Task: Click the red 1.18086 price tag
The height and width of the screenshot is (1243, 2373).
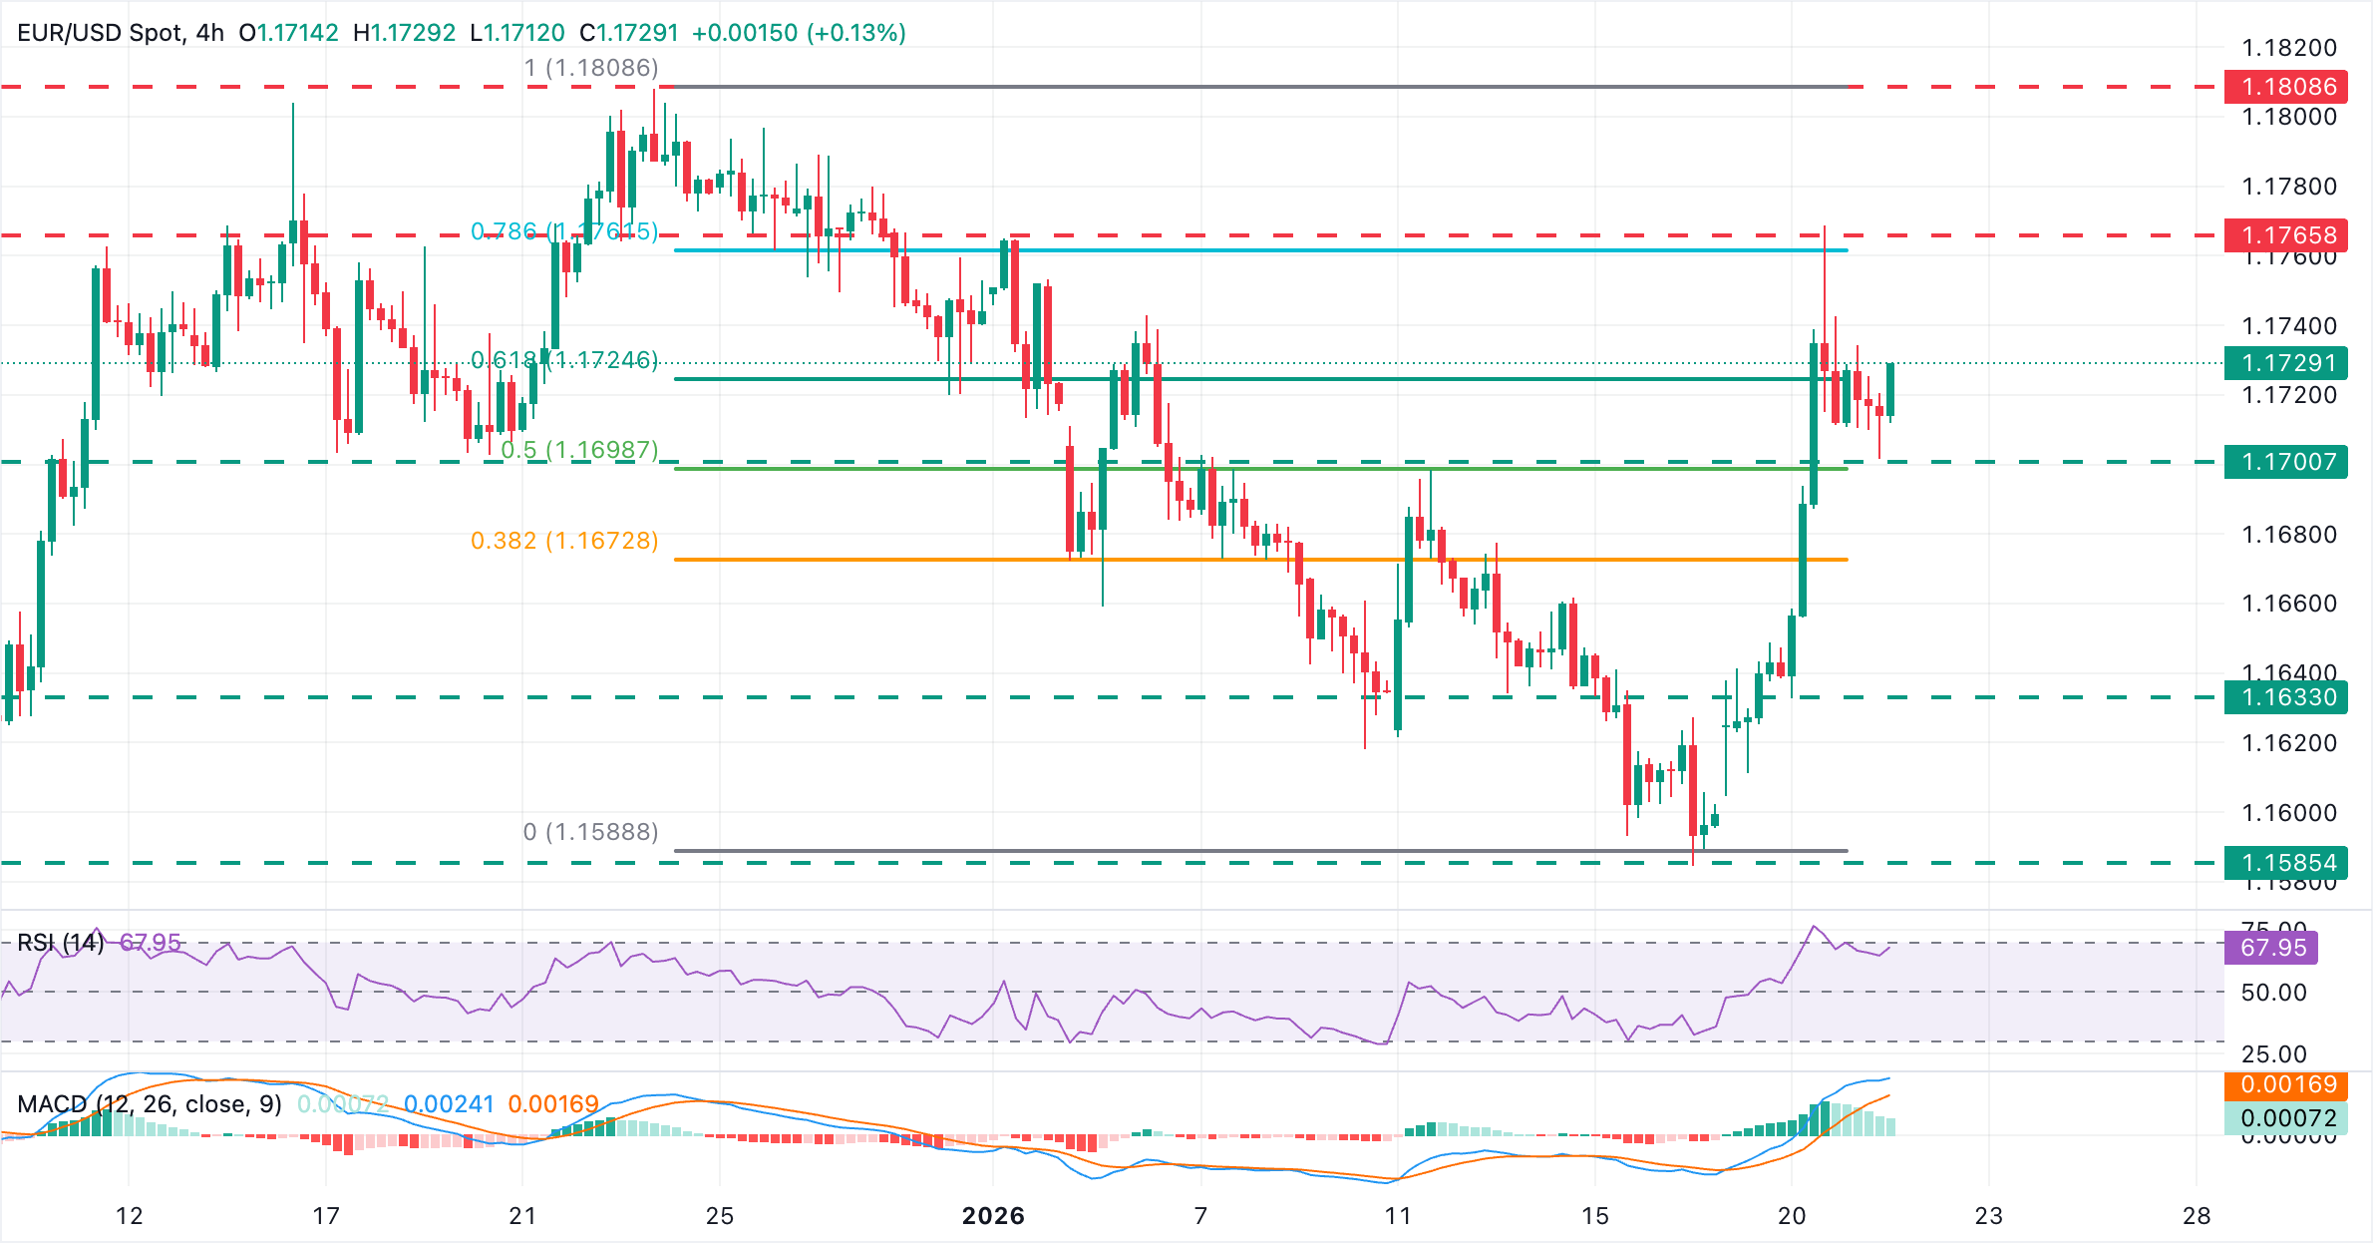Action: pyautogui.click(x=2285, y=87)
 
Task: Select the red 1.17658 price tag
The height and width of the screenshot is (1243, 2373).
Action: pyautogui.click(x=2285, y=235)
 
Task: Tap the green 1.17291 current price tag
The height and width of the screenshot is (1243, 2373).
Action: pyautogui.click(x=2285, y=363)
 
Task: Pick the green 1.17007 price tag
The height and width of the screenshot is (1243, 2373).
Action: pyautogui.click(x=2285, y=462)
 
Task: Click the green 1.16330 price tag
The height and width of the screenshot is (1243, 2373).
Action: pyautogui.click(x=2285, y=697)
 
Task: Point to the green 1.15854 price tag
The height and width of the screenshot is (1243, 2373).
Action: pyautogui.click(x=2285, y=863)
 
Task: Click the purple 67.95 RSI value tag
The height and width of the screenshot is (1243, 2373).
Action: pyautogui.click(x=2272, y=947)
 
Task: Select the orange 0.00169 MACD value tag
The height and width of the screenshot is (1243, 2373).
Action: pyautogui.click(x=2285, y=1084)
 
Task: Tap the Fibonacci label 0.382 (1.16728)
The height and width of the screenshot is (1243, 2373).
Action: pyautogui.click(x=564, y=541)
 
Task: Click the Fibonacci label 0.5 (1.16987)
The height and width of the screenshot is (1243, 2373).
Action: pyautogui.click(x=579, y=450)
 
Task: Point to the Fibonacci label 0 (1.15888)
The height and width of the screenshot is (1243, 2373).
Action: pyautogui.click(x=590, y=832)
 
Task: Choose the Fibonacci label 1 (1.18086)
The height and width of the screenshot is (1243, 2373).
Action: pyautogui.click(x=591, y=68)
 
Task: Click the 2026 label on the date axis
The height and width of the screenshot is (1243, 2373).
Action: pyautogui.click(x=993, y=1216)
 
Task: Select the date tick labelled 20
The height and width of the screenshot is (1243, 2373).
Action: pyautogui.click(x=1792, y=1216)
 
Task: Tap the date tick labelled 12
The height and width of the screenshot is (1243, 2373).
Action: pyautogui.click(x=130, y=1216)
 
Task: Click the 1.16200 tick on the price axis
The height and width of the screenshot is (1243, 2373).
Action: pyautogui.click(x=2288, y=743)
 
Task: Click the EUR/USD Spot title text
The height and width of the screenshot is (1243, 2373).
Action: pyautogui.click(x=100, y=33)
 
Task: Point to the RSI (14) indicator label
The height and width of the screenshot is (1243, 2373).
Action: pyautogui.click(x=61, y=943)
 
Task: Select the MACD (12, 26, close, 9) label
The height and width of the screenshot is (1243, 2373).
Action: pyautogui.click(x=150, y=1104)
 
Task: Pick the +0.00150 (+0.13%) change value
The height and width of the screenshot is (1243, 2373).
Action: pyautogui.click(x=799, y=33)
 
